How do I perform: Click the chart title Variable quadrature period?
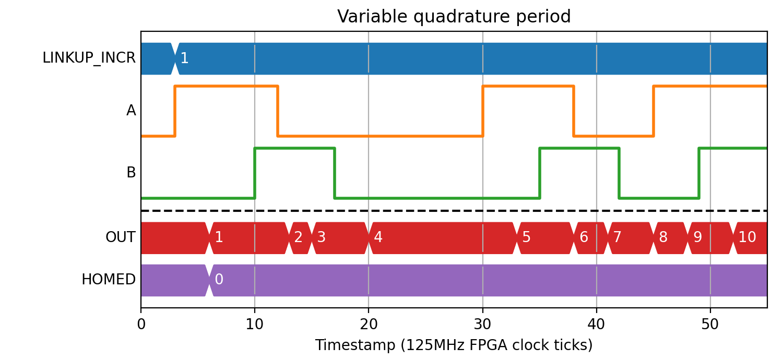point(454,16)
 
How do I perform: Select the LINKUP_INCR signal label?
point(89,58)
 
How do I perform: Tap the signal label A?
point(131,111)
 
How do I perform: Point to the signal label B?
point(131,172)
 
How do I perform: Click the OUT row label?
point(120,237)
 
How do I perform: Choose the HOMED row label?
point(109,280)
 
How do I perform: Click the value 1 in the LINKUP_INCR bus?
point(185,58)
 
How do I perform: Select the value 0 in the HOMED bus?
point(219,279)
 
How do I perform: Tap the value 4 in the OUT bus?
point(378,237)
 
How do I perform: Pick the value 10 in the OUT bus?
point(748,237)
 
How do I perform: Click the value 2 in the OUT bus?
point(298,237)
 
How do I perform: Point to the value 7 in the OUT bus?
point(618,237)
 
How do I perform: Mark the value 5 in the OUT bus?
point(526,237)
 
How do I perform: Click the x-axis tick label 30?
point(482,325)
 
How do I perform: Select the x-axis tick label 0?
point(141,325)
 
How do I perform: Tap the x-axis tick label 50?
point(710,325)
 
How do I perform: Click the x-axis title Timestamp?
point(355,345)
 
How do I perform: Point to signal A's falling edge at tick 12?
point(278,111)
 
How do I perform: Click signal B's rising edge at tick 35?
point(540,173)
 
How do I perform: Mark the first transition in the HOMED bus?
point(209,280)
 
